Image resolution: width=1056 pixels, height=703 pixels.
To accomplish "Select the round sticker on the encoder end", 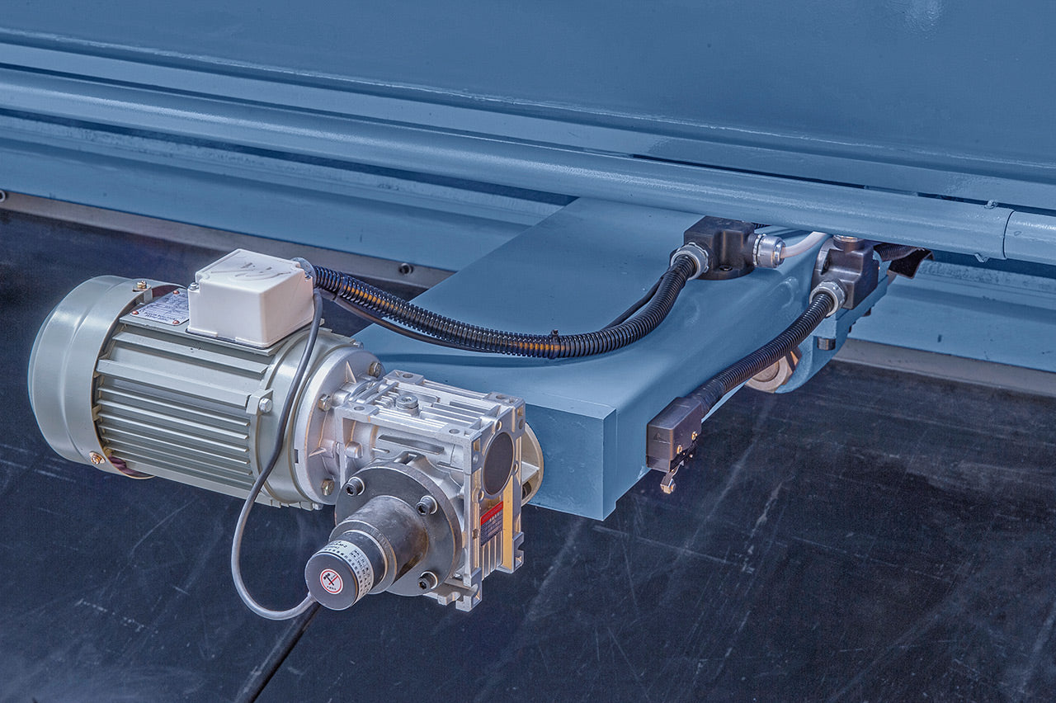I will (332, 581).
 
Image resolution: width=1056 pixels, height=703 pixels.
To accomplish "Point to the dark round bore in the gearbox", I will (497, 463).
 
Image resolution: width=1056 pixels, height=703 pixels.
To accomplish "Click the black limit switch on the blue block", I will (673, 434).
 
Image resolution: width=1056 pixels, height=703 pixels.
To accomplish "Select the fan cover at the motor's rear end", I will (62, 371).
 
